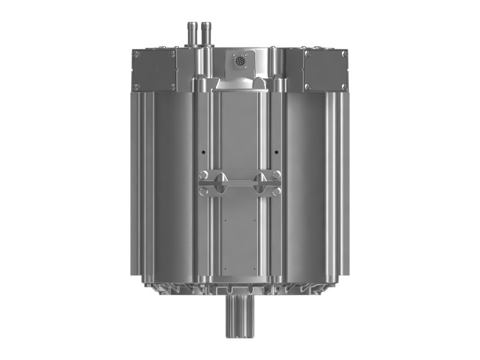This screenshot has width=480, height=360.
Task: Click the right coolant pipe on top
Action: click(x=207, y=30)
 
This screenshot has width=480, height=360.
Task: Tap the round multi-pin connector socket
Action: click(x=240, y=61)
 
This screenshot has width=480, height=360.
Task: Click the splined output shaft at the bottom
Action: click(x=239, y=321)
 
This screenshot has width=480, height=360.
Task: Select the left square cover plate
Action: click(x=154, y=70)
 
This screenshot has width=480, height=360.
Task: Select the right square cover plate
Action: click(x=326, y=70)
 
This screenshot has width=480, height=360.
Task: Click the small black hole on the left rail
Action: click(x=203, y=152)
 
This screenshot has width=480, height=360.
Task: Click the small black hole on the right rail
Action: click(x=276, y=152)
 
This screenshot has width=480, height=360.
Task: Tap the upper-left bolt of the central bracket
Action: click(x=204, y=175)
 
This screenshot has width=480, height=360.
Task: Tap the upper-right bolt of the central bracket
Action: click(x=276, y=175)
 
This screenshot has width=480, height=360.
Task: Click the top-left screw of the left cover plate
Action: click(x=137, y=54)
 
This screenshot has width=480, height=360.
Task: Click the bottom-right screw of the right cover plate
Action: click(x=344, y=86)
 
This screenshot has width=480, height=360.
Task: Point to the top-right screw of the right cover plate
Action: click(x=344, y=54)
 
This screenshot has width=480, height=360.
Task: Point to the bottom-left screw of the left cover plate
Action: click(x=137, y=86)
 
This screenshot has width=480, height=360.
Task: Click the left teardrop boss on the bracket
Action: click(x=220, y=182)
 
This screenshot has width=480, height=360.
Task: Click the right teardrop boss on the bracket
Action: click(x=260, y=182)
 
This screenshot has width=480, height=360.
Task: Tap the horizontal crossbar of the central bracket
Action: click(x=240, y=182)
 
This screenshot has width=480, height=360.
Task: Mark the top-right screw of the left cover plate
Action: click(x=173, y=54)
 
